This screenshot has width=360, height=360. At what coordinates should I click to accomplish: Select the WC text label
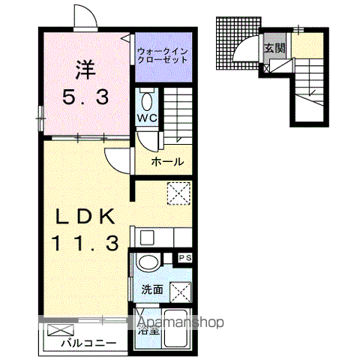pyautogui.click(x=145, y=118)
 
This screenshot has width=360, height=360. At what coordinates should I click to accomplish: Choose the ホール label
pyautogui.click(x=166, y=161)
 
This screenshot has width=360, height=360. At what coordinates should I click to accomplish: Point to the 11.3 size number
pyautogui.click(x=84, y=242)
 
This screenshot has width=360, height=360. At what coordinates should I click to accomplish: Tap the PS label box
pyautogui.click(x=184, y=259)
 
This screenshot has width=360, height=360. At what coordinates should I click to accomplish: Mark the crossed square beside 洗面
pyautogui.click(x=180, y=290)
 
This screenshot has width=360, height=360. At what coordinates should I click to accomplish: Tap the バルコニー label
pyautogui.click(x=88, y=343)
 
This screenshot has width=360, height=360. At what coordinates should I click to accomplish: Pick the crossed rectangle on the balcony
pyautogui.click(x=63, y=328)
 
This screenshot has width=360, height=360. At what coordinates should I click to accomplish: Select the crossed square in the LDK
pyautogui.click(x=178, y=193)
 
